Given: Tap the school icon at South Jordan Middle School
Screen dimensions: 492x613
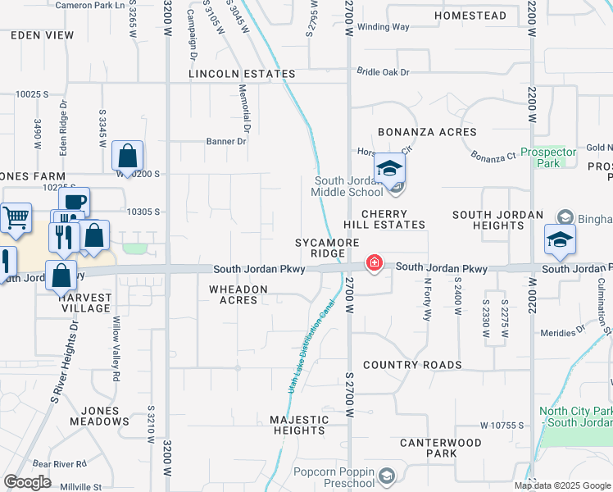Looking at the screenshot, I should [390, 169].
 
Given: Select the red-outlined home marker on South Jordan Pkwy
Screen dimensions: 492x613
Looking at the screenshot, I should [374, 263].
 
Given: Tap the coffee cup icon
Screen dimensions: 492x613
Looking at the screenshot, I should [75, 202].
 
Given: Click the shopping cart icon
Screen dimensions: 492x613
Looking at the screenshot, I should [16, 218].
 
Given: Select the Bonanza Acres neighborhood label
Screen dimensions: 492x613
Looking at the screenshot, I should [427, 132].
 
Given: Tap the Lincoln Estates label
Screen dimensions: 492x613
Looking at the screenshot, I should [242, 74].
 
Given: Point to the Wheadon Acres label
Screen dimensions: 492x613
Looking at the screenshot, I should [238, 294].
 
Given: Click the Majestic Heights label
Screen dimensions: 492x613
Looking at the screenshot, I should [299, 425].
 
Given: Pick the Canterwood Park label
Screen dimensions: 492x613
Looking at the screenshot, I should [440, 448].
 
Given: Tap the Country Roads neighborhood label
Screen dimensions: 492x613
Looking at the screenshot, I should [412, 365].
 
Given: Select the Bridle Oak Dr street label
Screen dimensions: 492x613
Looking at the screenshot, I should [383, 72].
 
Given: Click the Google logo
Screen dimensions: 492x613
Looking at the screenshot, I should [28, 482].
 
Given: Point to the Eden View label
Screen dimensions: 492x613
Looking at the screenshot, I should [42, 35].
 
